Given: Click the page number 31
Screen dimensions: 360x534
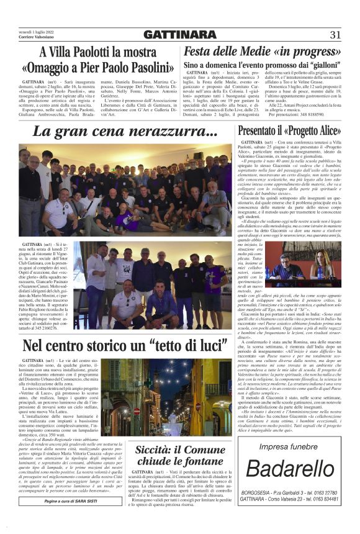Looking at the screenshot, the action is pos(336,34).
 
